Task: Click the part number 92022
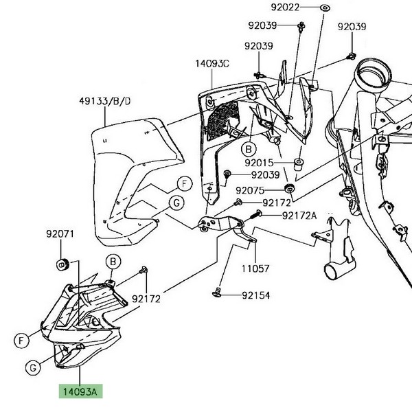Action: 286,8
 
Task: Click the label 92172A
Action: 299,216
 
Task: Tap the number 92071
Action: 60,234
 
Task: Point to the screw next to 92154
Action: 218,295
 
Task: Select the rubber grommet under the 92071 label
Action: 60,263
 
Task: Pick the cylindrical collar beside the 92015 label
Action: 299,165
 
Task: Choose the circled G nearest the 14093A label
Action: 32,369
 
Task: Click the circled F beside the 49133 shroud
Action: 184,183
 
